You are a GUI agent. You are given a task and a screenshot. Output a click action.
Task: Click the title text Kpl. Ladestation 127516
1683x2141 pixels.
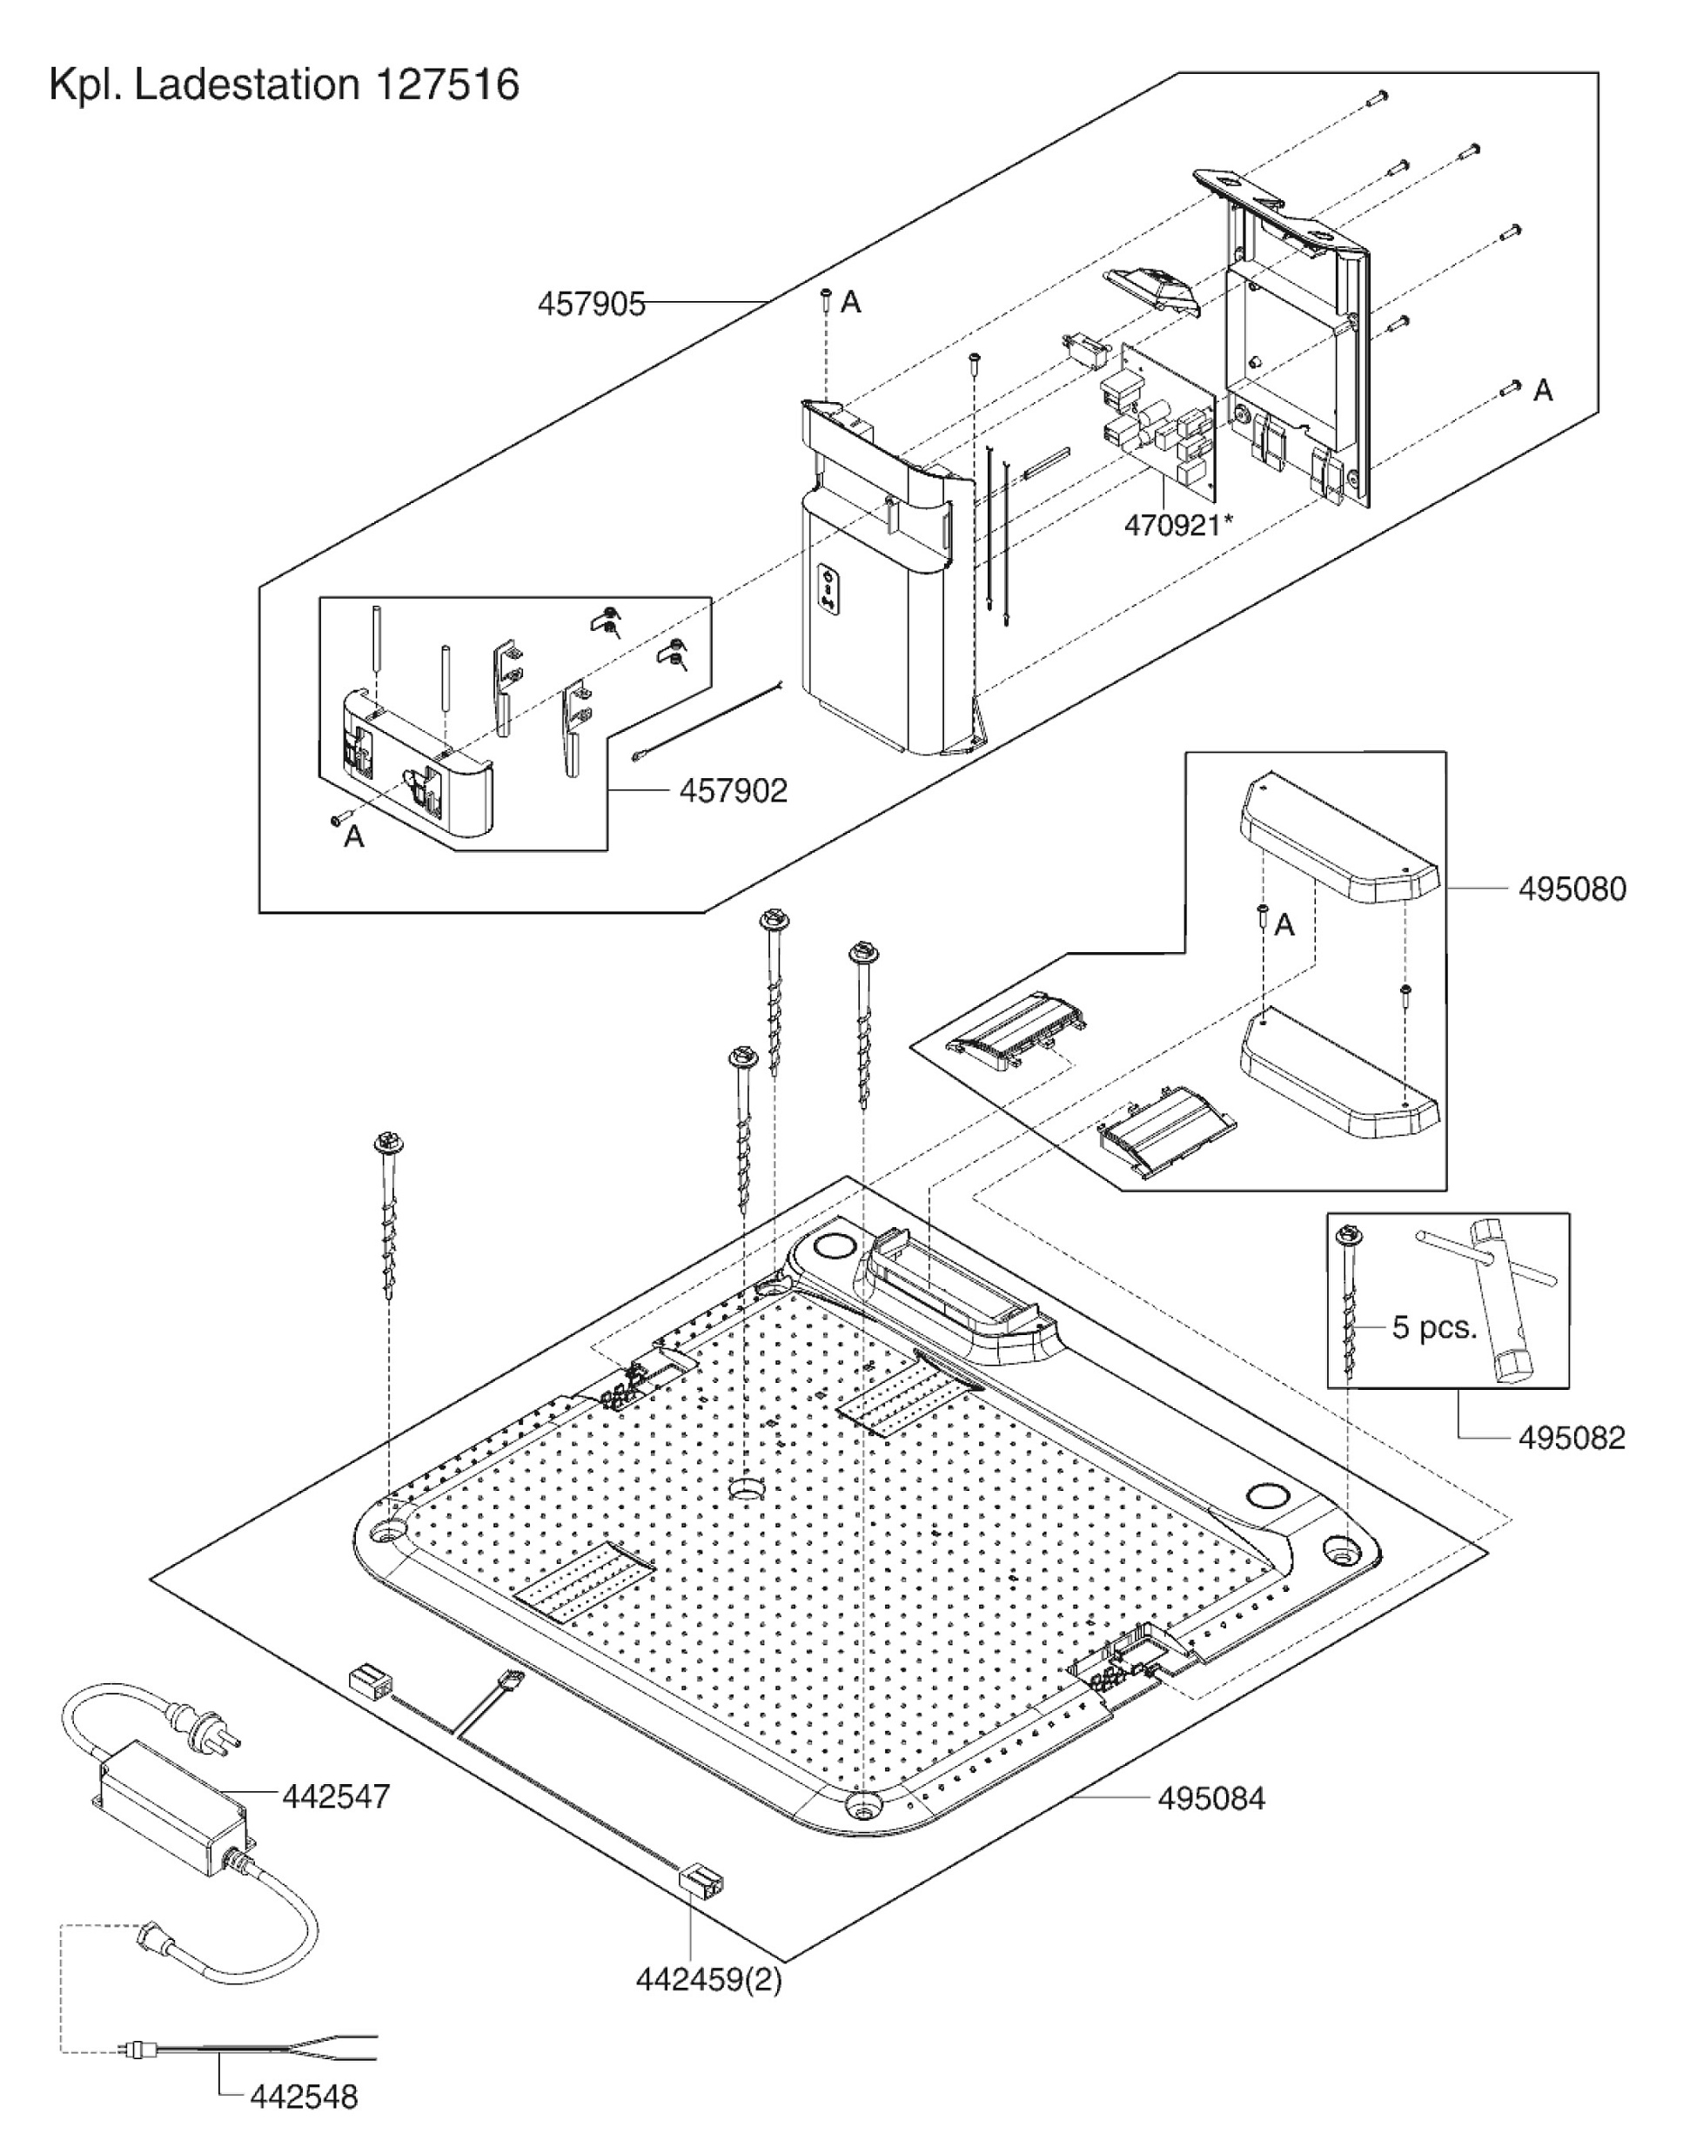[x=284, y=85]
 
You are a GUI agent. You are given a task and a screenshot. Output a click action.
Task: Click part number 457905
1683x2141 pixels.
[x=590, y=304]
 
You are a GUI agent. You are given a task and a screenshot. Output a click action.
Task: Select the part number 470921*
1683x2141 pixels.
[x=1177, y=525]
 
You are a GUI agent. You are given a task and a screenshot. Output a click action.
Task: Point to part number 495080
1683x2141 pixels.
[x=1572, y=889]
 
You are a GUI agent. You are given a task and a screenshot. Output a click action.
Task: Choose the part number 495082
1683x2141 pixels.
[x=1572, y=1438]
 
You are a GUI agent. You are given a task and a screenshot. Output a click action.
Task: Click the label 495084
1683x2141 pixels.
[x=1211, y=1798]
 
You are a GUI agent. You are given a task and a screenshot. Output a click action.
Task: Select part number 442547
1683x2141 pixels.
[x=336, y=1795]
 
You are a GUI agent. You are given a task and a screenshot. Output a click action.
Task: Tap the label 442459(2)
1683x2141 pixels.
[x=708, y=1979]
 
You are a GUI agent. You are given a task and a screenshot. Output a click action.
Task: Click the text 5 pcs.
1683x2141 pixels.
[x=1434, y=1328]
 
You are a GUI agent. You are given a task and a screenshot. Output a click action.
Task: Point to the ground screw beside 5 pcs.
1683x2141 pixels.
[x=1349, y=1300]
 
